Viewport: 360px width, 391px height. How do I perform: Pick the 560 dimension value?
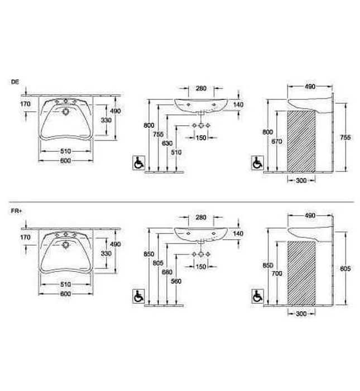point(176,280)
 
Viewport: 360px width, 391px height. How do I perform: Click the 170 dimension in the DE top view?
point(25,104)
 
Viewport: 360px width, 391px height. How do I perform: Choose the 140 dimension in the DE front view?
point(239,105)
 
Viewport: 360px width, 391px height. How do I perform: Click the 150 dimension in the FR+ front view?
point(201,265)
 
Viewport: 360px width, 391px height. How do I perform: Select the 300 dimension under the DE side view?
point(301,180)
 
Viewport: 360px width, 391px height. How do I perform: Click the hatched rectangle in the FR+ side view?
point(301,274)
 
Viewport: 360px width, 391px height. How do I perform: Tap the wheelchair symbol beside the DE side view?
point(258,164)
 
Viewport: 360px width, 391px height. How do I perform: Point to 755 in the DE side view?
point(345,137)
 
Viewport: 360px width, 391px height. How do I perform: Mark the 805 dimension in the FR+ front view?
point(158,264)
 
